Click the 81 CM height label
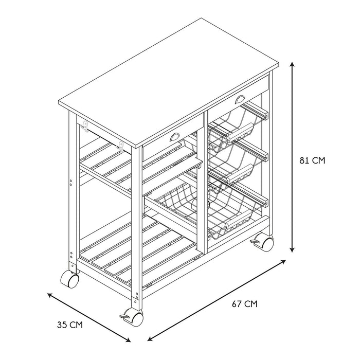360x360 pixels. pyautogui.click(x=312, y=160)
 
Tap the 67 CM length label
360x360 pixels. pyautogui.click(x=244, y=304)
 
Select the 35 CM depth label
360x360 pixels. pyautogui.click(x=69, y=325)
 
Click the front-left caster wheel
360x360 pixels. pyautogui.click(x=69, y=280)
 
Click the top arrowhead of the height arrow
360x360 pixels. pyautogui.click(x=293, y=64)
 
